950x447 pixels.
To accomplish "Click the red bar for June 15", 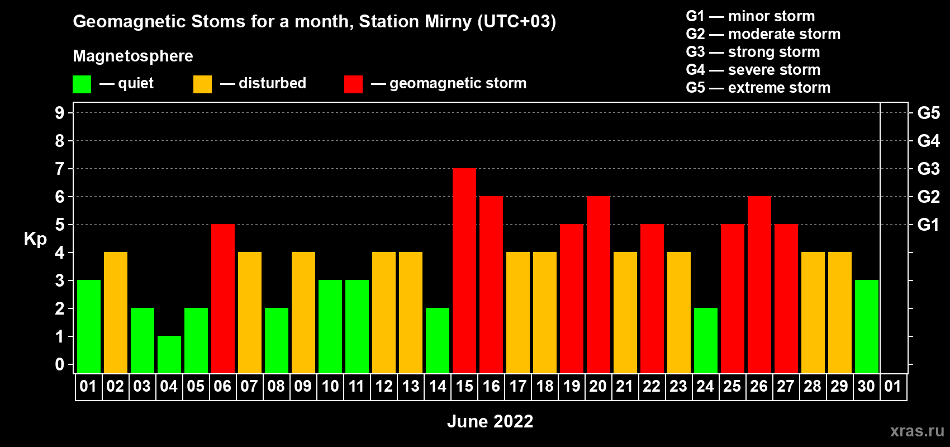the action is pos(464,270).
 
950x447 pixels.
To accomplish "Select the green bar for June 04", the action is pos(169,355).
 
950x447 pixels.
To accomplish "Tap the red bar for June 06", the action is pos(223,298).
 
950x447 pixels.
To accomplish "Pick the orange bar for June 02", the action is pos(116,312).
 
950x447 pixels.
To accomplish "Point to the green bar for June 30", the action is pos(867,326).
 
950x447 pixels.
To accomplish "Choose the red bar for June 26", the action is pos(759,284).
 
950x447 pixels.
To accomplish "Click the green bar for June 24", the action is pos(706,340).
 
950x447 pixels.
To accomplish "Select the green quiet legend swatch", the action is pos(82,84).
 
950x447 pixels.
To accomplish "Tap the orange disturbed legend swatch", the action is pos(202,84).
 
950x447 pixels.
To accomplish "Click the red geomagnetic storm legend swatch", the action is pos(354,84).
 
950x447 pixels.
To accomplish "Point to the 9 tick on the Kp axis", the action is pos(59,113).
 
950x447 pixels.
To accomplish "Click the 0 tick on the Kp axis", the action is pos(59,364).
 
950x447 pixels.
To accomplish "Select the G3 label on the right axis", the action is pos(928,169).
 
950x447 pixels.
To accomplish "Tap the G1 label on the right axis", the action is pos(928,225).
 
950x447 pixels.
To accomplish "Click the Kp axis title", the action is pos(35,239).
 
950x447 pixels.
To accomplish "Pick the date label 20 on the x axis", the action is pos(598,386).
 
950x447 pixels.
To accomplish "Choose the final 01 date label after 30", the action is pos(893,386).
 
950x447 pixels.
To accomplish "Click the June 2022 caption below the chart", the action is pos(490,421).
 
